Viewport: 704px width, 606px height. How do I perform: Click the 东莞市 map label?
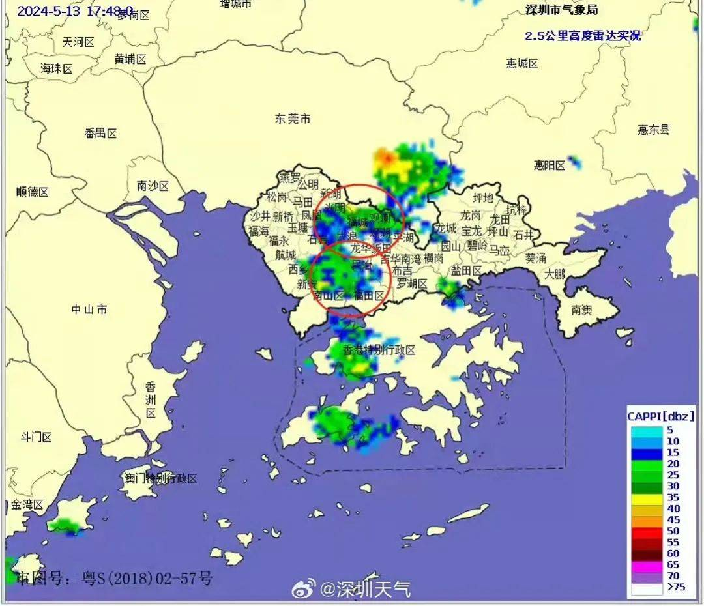click(x=292, y=119)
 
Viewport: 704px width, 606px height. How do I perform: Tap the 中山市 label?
click(x=89, y=310)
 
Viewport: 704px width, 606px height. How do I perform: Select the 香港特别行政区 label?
click(x=379, y=350)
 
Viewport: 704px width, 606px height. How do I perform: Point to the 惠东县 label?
click(x=653, y=130)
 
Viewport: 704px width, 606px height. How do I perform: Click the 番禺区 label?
click(x=100, y=134)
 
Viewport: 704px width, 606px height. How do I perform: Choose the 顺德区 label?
click(x=33, y=192)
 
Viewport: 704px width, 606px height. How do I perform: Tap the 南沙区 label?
click(x=153, y=186)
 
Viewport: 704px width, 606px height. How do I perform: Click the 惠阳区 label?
click(x=550, y=166)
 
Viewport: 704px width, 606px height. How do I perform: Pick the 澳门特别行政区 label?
click(x=161, y=479)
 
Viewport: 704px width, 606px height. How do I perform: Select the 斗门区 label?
click(x=37, y=437)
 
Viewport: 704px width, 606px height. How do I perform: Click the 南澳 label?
click(x=582, y=310)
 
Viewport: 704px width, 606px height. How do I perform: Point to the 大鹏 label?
click(x=556, y=274)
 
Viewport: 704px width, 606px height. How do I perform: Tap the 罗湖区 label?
click(x=412, y=283)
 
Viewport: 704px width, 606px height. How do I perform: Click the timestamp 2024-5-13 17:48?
click(x=74, y=11)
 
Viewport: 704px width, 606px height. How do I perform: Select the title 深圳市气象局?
click(x=561, y=10)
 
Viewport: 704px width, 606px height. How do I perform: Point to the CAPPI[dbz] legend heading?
click(x=660, y=416)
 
